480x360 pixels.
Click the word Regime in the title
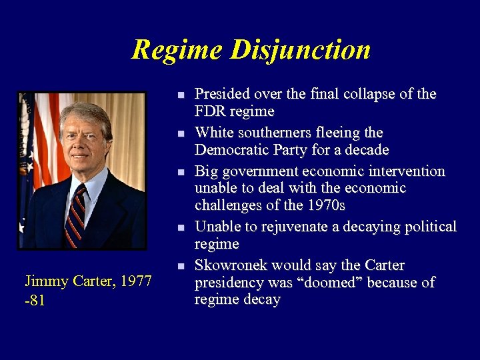point(177,50)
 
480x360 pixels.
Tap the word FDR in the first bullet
point(208,111)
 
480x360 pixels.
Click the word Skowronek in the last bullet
point(232,265)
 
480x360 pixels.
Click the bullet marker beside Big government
point(181,173)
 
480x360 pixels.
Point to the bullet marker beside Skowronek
point(181,267)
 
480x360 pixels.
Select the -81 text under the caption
point(35,300)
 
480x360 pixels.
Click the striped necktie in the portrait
point(76,213)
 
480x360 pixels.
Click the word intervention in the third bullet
point(405,171)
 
